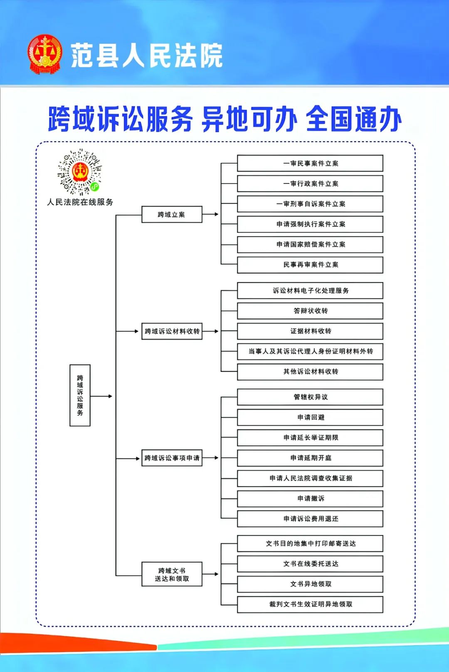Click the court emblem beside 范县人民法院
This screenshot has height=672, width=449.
[45, 54]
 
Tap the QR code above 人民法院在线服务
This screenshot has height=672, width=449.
[80, 172]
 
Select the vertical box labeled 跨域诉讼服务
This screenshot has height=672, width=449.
[80, 395]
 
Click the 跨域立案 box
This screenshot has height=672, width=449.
[172, 214]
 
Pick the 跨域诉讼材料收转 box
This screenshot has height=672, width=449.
[172, 331]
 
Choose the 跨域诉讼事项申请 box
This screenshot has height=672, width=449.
[172, 458]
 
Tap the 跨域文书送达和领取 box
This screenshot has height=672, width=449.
[172, 574]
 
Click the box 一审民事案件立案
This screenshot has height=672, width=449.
[310, 163]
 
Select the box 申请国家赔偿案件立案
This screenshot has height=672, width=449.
[310, 244]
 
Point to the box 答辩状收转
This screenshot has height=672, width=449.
[310, 311]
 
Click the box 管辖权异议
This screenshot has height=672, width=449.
[310, 397]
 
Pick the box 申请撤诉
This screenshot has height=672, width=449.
[310, 499]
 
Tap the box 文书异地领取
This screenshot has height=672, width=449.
[310, 584]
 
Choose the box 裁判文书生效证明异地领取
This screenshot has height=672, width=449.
[310, 604]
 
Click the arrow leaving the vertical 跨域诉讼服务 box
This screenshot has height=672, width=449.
[101, 396]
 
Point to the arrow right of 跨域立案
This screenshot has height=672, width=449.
[210, 214]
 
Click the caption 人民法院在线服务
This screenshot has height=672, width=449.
[80, 202]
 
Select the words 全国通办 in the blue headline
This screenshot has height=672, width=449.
[354, 119]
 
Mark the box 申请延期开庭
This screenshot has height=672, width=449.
[310, 458]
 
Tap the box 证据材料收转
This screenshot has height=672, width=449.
[310, 331]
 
